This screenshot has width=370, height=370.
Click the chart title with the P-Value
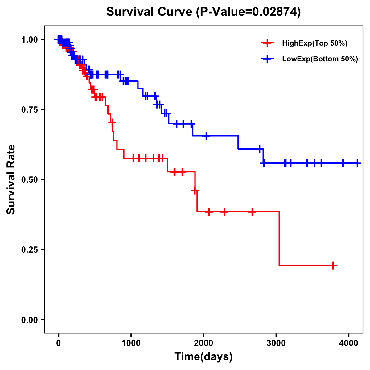[x=203, y=12]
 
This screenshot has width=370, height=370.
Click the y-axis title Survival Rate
[x=11, y=179]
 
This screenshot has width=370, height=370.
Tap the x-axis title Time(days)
[x=203, y=357]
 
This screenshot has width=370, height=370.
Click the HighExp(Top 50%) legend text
[x=314, y=43]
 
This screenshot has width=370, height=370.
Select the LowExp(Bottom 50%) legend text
[x=320, y=59]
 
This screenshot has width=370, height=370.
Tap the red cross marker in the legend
[x=267, y=43]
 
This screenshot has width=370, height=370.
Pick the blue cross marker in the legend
[x=267, y=59]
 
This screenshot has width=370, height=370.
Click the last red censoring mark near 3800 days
[x=333, y=265]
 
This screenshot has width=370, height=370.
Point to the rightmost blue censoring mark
[x=357, y=163]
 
